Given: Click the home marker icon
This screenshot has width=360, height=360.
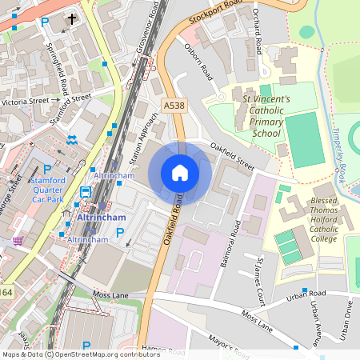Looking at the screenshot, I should click(180, 172).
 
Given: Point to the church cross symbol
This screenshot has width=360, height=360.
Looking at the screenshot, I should click(72, 18).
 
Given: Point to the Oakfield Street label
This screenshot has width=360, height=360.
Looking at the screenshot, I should click(232, 156).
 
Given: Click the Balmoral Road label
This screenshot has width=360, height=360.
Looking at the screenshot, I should click(231, 239).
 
